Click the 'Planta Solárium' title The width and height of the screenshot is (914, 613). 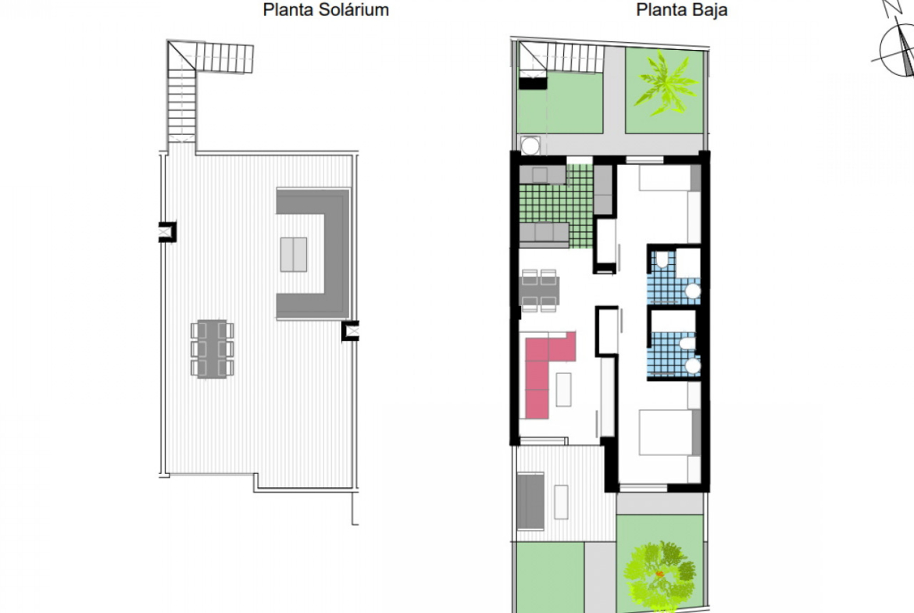pos(326,10)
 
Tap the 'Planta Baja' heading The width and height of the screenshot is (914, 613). pos(681,10)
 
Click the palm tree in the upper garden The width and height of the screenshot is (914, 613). pos(666,82)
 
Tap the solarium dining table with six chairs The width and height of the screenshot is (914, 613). pos(212,348)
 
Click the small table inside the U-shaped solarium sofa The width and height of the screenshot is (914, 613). pos(294,255)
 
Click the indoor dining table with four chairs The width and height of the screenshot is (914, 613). pos(538,290)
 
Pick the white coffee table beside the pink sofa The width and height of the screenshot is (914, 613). pos(564,389)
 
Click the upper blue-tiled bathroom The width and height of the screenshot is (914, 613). pos(674,276)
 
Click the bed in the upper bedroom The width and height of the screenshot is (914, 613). pos(669,178)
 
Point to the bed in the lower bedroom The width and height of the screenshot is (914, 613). pos(669,433)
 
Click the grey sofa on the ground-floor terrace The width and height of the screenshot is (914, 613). pos(530,501)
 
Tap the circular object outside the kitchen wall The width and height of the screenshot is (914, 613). pos(530,146)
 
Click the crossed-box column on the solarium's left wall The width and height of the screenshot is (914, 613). pos(167,232)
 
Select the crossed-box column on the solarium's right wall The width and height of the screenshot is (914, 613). pos(350,331)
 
